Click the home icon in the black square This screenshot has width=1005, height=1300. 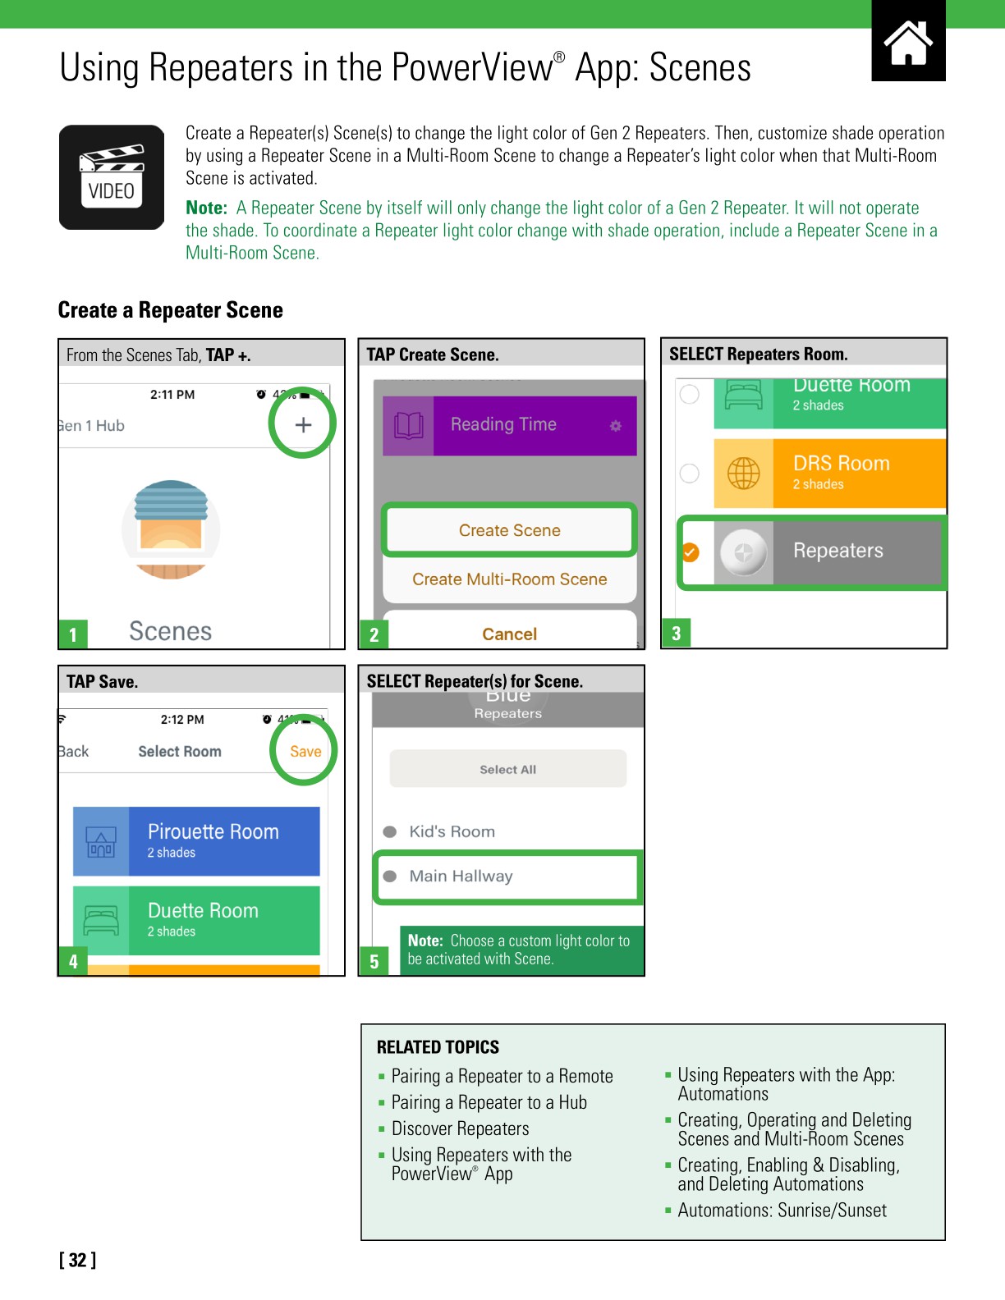908,43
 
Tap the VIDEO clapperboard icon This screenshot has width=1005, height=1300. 112,177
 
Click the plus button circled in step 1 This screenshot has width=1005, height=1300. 303,424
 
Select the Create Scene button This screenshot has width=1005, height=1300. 509,530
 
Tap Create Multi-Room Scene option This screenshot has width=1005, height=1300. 509,579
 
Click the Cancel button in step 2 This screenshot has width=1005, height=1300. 509,634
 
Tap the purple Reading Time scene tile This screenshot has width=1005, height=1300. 509,425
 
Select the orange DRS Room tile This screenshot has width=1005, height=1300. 829,474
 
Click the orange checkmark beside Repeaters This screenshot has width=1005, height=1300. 691,552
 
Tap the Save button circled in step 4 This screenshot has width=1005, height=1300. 305,751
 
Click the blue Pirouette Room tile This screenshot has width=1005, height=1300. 196,841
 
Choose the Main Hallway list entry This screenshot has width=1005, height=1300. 461,876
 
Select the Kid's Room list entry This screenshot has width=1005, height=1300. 452,831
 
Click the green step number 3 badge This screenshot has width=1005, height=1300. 676,633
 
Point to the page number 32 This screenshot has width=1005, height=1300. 77,1260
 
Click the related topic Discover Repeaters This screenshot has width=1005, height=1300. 460,1128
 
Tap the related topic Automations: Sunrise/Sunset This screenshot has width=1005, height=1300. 782,1210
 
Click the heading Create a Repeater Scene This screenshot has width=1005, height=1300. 171,310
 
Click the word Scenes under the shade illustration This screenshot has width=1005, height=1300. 171,630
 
